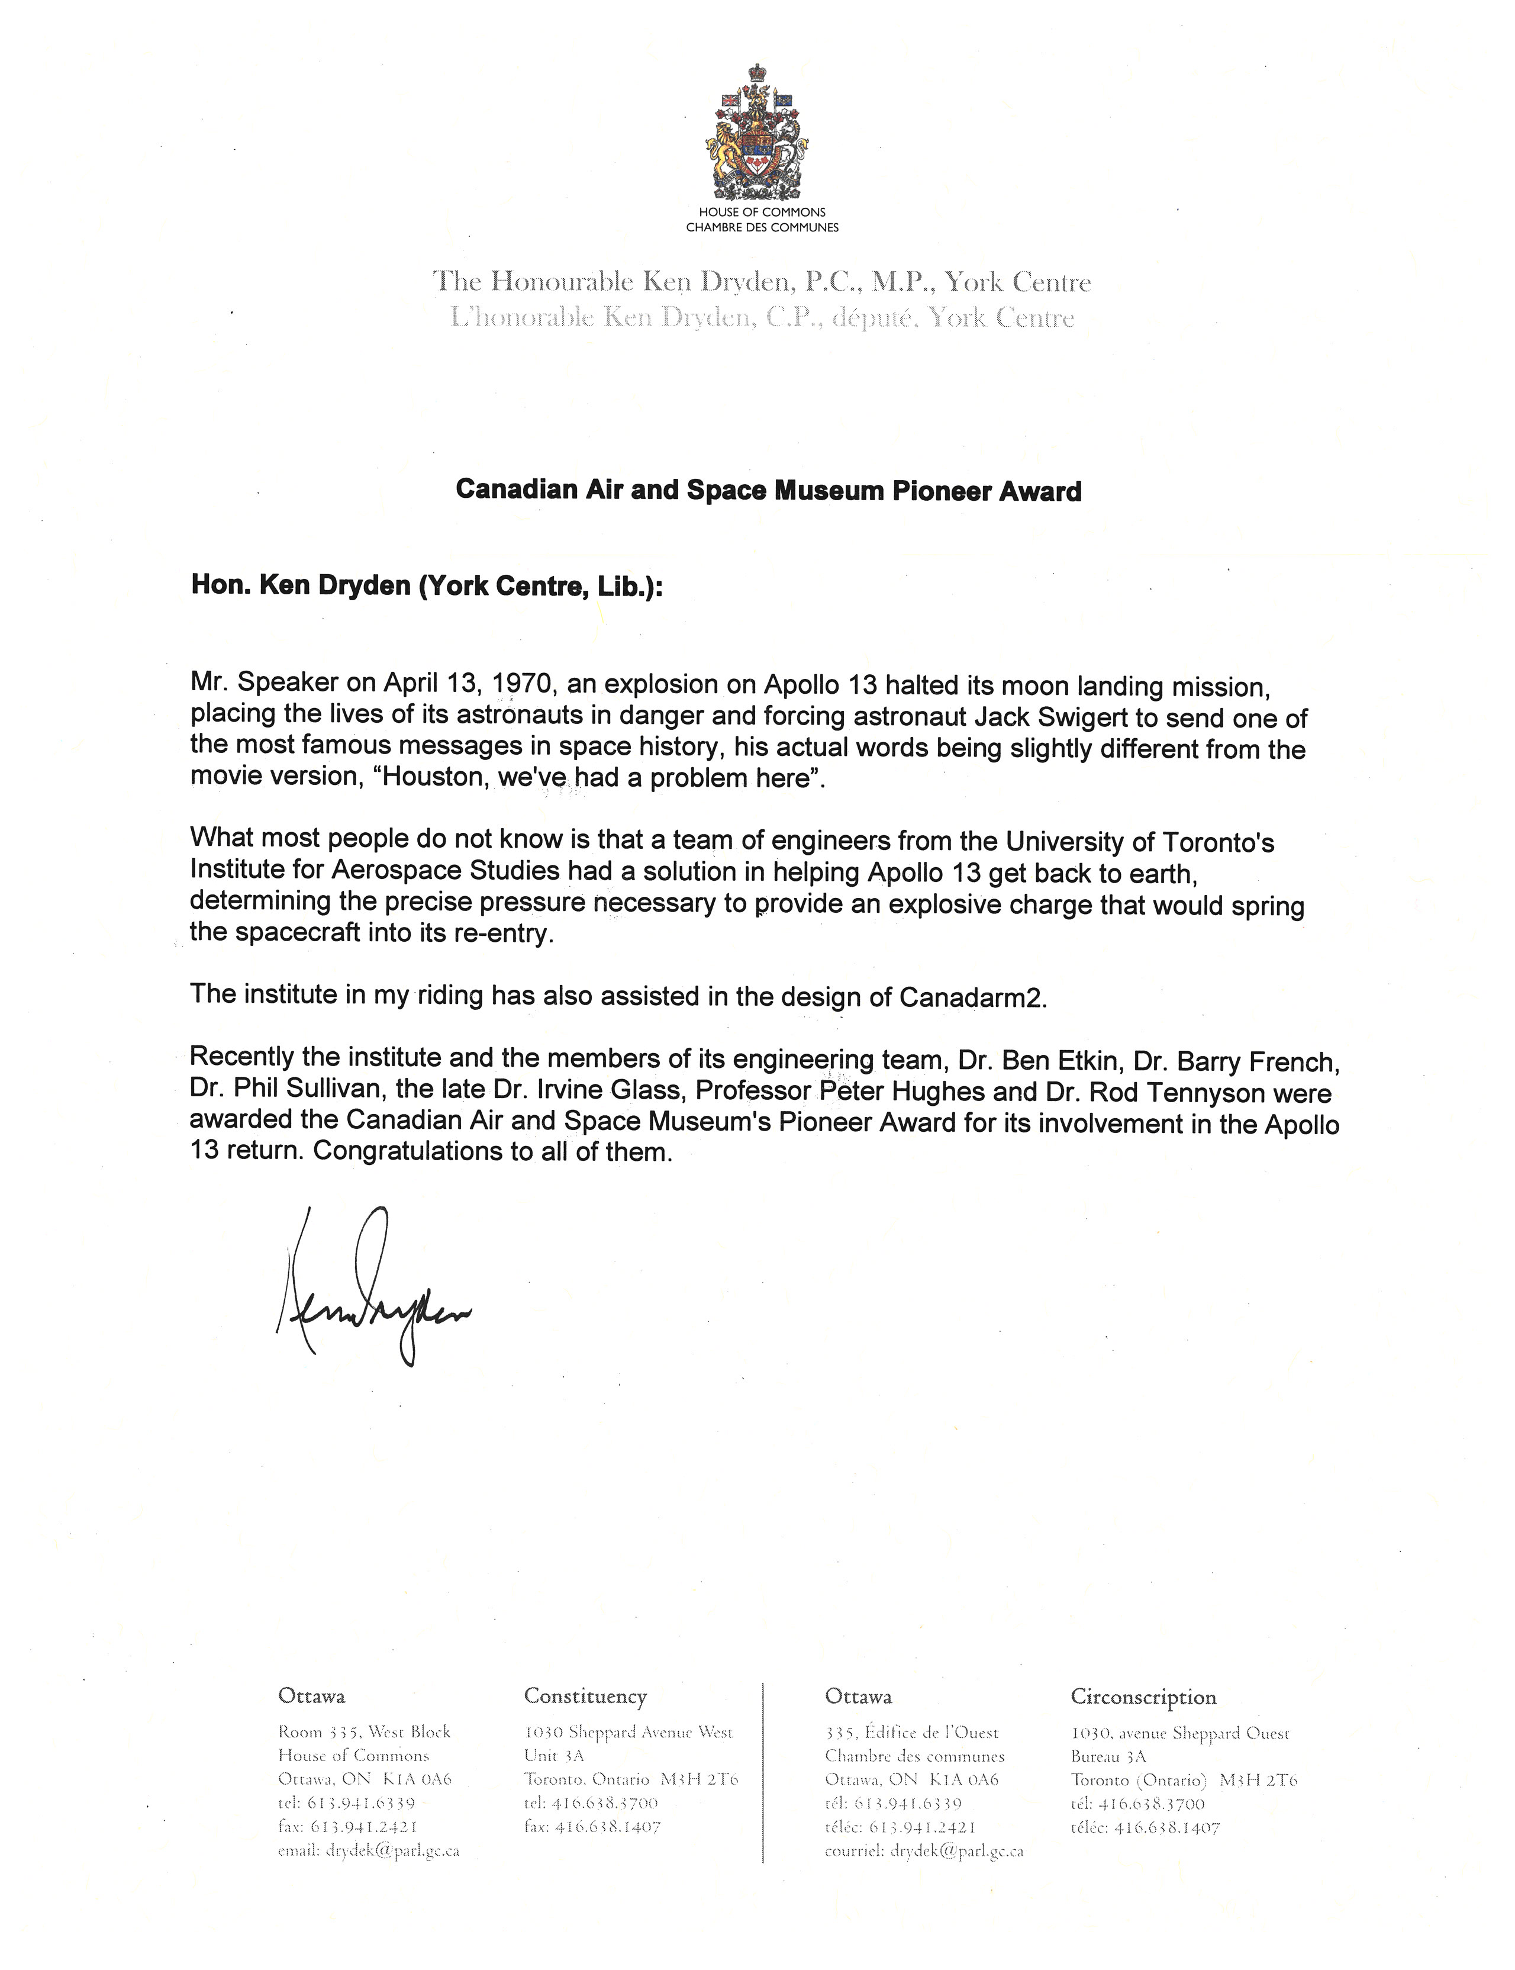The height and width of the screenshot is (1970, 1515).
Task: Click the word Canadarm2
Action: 972,997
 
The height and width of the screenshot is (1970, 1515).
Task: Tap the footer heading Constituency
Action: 585,1697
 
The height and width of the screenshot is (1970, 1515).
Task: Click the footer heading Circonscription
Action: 1143,1697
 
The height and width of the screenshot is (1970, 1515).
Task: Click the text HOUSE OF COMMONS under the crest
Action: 762,212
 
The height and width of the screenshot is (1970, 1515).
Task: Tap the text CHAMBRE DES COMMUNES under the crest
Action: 762,227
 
